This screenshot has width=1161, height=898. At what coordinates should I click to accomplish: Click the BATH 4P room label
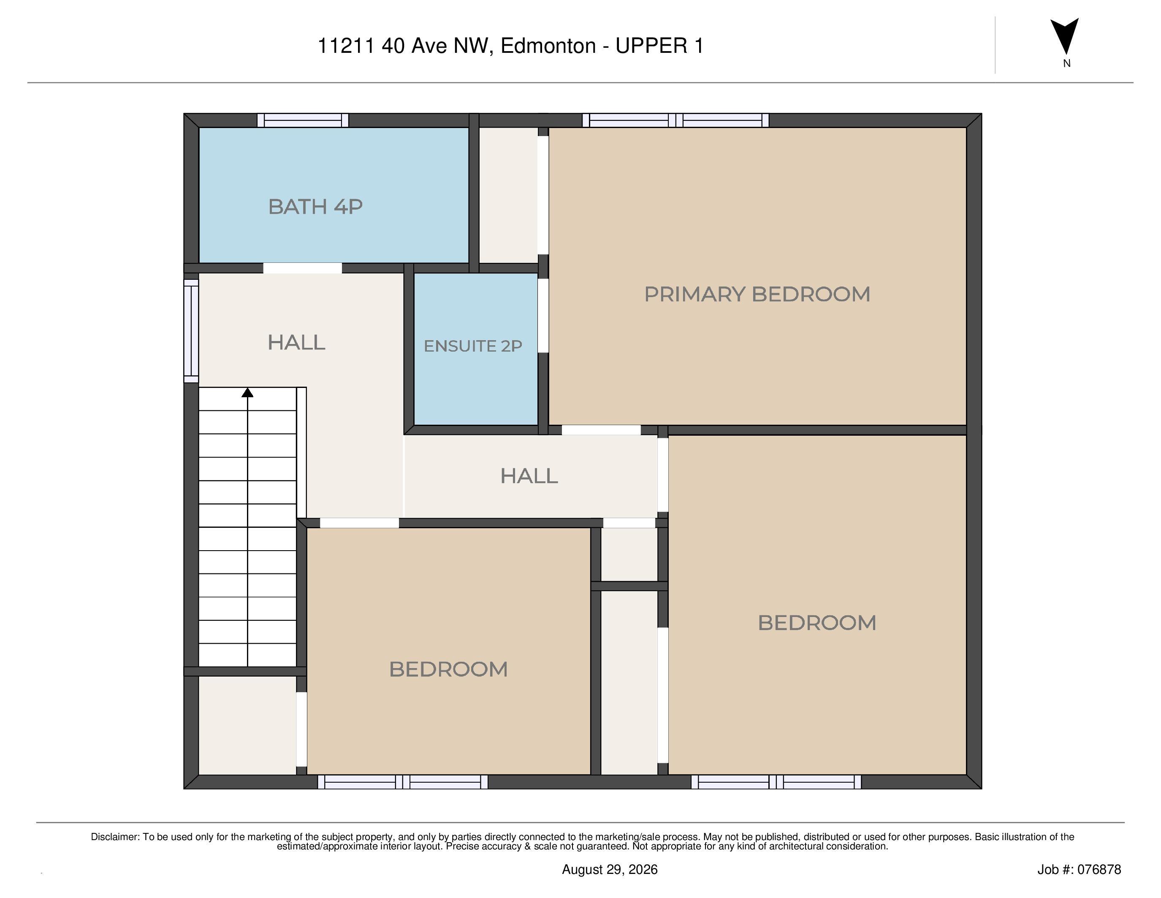(x=315, y=206)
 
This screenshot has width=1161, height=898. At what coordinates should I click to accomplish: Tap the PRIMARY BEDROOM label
(x=757, y=294)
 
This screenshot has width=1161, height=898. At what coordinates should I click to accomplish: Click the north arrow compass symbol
(x=1064, y=36)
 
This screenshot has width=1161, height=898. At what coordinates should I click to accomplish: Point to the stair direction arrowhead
(x=247, y=393)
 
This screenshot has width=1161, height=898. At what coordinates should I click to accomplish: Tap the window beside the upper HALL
(x=191, y=330)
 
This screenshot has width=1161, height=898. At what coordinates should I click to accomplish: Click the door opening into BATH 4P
(x=302, y=268)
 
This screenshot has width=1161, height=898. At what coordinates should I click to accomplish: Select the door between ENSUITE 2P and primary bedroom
(x=543, y=316)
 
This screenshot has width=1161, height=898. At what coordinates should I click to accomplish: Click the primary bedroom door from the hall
(x=601, y=430)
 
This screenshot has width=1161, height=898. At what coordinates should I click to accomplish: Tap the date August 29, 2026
(x=610, y=869)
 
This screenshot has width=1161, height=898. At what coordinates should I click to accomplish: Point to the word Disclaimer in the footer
(x=115, y=837)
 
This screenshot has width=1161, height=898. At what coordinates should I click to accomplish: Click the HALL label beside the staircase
(x=296, y=343)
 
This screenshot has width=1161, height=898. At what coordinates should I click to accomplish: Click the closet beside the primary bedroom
(x=509, y=195)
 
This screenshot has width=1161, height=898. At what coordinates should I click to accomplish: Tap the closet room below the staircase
(x=247, y=725)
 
